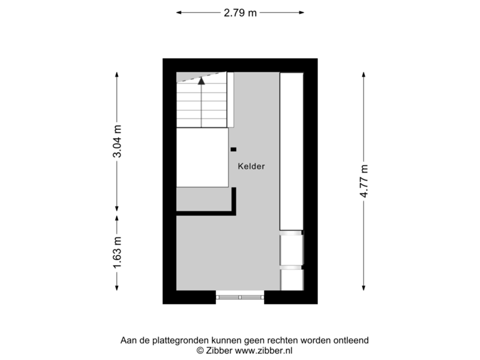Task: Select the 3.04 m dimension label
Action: coord(117,142)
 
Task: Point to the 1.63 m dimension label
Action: coord(117,253)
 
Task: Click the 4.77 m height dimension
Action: coord(363,181)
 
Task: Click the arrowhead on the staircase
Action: coord(201,81)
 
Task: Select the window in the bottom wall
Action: coord(240,297)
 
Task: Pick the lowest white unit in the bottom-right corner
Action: coord(291,279)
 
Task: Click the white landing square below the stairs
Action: coord(203,158)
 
